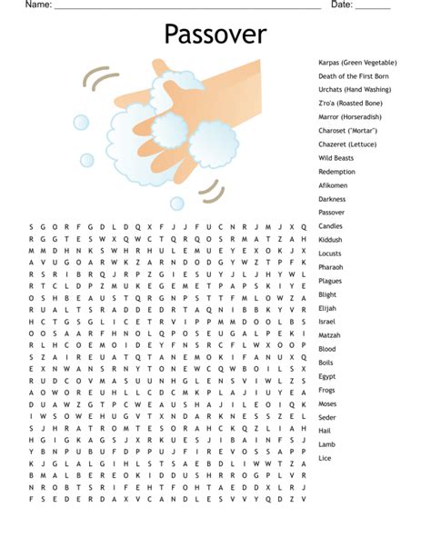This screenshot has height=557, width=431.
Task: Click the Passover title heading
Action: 215,35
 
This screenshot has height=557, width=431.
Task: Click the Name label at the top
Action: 37,5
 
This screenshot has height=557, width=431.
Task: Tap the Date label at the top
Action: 341,5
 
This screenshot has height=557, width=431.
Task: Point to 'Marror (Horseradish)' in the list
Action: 349,117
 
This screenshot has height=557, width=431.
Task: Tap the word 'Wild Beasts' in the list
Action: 336,158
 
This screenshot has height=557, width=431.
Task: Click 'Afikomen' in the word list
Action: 333,185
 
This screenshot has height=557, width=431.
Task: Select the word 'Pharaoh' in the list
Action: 331,267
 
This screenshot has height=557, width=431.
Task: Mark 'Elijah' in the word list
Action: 328,308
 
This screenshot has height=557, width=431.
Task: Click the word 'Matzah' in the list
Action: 330,335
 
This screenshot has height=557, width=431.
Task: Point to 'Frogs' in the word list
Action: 327,390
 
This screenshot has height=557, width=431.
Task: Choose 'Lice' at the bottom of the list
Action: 326,458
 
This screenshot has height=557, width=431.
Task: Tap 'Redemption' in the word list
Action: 336,172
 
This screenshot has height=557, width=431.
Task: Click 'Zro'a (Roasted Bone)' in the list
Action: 350,104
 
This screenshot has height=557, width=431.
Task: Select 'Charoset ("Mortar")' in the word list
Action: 348,131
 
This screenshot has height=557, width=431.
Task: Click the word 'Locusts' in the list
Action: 330,254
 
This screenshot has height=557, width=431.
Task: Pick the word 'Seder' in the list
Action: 327,417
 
